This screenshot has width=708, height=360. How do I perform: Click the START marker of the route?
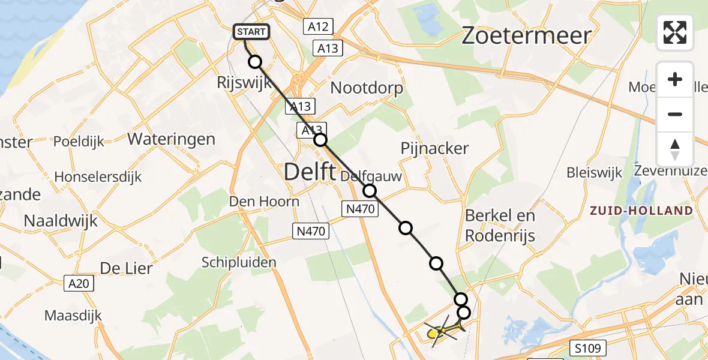[x=251, y=32]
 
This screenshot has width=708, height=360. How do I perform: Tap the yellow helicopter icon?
[x=439, y=331]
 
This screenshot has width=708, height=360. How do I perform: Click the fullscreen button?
[x=675, y=32]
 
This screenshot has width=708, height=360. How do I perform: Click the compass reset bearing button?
[x=675, y=149]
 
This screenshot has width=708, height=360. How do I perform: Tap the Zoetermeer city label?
[x=526, y=36]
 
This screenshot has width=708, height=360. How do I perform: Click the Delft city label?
[x=309, y=172]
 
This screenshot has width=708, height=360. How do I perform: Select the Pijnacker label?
[x=434, y=148]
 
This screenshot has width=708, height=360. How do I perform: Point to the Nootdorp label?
[x=367, y=88]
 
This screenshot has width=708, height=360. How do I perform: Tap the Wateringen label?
[x=171, y=140]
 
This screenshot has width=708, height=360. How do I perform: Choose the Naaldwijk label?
[x=60, y=220]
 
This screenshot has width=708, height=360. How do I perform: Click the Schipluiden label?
[x=239, y=262]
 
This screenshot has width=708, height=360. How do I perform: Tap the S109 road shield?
[x=588, y=347]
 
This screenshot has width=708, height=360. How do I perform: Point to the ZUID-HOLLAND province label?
[x=641, y=211]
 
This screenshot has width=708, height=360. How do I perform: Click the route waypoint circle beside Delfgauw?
[x=370, y=191]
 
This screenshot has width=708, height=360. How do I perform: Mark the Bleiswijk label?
[x=594, y=173]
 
